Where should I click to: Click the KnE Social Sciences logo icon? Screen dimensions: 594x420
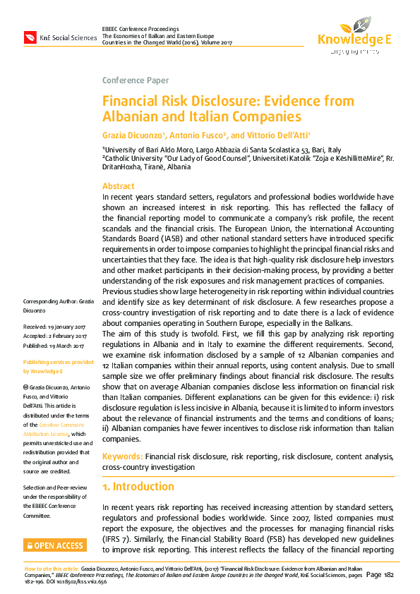[30, 37]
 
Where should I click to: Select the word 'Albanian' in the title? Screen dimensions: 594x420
[131, 116]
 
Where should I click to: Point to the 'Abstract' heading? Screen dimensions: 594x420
[119, 186]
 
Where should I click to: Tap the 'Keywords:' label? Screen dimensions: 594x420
[122, 457]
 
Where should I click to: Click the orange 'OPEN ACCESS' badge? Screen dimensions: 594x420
[55, 545]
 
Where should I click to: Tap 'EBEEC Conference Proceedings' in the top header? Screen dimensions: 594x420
[140, 28]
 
